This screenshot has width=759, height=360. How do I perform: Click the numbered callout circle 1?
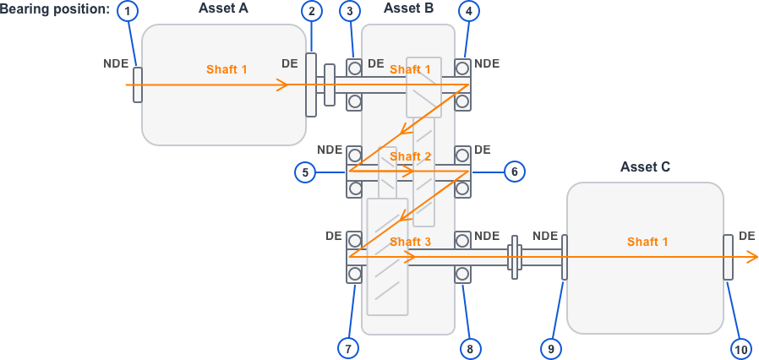[x=128, y=11]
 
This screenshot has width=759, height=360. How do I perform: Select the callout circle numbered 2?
[x=312, y=11]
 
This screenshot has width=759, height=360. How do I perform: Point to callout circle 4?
[x=470, y=11]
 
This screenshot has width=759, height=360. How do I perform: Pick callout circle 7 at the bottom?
[x=347, y=347]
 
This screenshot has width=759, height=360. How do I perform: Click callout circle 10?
[x=740, y=347]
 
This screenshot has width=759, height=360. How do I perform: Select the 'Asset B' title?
[x=408, y=8]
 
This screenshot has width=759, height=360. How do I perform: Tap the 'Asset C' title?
[x=645, y=167]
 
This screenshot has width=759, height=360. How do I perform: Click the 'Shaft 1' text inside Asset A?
[x=227, y=69]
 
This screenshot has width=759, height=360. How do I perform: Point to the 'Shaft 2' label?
[x=411, y=156]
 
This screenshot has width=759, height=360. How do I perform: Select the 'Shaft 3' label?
[x=411, y=242]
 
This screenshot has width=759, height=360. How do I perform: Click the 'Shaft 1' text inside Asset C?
[x=647, y=242]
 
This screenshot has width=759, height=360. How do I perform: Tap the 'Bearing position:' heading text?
[x=54, y=8]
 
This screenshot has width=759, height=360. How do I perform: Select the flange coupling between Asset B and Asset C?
[x=513, y=257]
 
